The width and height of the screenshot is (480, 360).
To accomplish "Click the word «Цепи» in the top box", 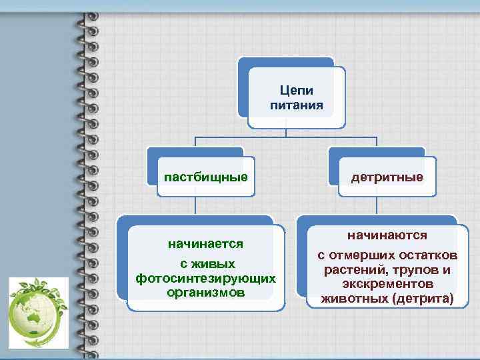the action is [x=297, y=91].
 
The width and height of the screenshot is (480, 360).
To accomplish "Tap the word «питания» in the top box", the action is [x=297, y=105].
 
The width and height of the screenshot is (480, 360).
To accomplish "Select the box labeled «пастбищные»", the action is [x=206, y=177].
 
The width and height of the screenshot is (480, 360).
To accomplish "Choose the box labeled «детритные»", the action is [x=387, y=177].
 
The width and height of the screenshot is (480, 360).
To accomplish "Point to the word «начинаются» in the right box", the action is [x=387, y=236].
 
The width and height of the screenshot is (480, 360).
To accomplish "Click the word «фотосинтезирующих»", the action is [x=205, y=278].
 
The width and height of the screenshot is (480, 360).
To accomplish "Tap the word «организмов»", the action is [x=205, y=293].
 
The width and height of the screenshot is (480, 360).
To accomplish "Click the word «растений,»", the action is [x=354, y=270].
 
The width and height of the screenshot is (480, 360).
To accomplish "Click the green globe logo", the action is [x=38, y=311].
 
